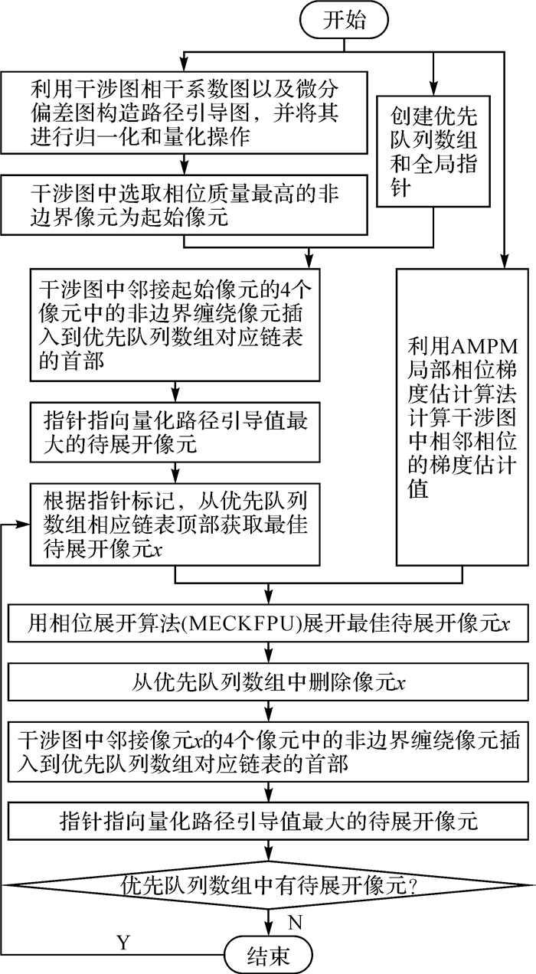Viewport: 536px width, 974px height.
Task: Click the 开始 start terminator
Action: (x=344, y=21)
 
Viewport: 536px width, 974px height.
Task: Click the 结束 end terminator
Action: (x=268, y=955)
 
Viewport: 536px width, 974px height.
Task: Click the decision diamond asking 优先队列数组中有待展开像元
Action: (x=268, y=887)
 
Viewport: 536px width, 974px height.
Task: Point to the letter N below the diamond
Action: (x=294, y=919)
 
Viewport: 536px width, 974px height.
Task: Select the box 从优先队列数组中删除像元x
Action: (x=268, y=681)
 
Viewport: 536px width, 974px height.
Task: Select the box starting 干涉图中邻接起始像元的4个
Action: (x=175, y=325)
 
